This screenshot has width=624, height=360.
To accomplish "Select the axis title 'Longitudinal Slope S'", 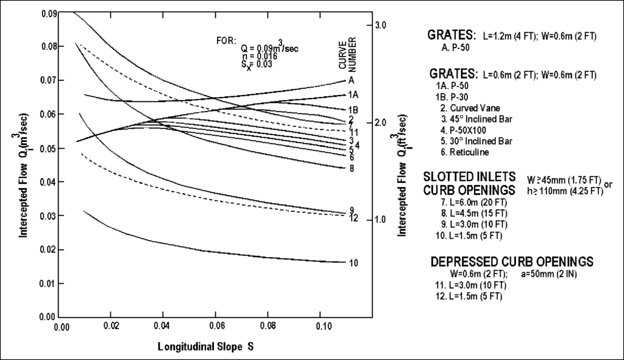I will coord(206,347).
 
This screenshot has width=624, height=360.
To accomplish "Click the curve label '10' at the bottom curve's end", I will coord(353,263).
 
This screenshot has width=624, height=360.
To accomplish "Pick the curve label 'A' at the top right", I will coord(352,80).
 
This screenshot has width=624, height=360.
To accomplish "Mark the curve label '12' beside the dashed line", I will coord(353,218).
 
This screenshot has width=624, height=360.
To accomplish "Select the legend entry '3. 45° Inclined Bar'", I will coord(478,118).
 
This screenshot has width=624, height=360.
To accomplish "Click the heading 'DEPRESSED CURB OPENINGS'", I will coord(512,261).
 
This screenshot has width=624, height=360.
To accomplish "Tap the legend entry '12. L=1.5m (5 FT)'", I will coord(470,295).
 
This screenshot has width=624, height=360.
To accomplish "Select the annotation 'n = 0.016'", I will coord(260,56).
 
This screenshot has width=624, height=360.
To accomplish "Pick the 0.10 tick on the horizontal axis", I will coord(321,326).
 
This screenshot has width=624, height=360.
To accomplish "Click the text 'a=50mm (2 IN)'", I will coord(550,274).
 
